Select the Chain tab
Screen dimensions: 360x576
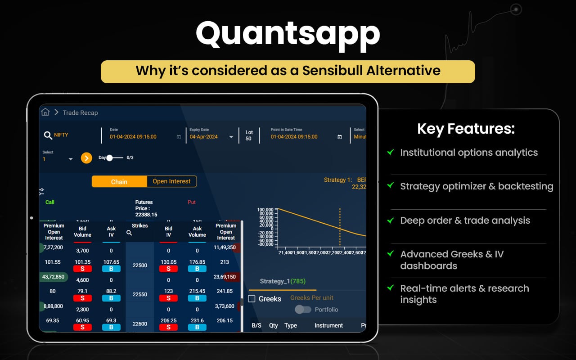119,182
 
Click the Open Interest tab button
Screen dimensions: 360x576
171,181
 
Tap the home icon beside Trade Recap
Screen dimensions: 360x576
45,112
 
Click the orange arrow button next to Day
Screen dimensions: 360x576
86,158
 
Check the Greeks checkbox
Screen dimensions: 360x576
252,298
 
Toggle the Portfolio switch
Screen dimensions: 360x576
303,310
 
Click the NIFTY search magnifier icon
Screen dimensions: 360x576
48,135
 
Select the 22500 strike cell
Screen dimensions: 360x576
140,265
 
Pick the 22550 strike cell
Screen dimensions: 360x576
140,294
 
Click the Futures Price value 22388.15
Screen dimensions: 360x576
146,215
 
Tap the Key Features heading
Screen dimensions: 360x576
466,129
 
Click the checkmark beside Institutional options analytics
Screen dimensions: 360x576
391,153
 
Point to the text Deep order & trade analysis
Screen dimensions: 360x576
465,220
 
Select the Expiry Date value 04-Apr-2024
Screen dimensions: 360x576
203,137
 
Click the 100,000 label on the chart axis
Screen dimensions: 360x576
265,210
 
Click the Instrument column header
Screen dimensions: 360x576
328,325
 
